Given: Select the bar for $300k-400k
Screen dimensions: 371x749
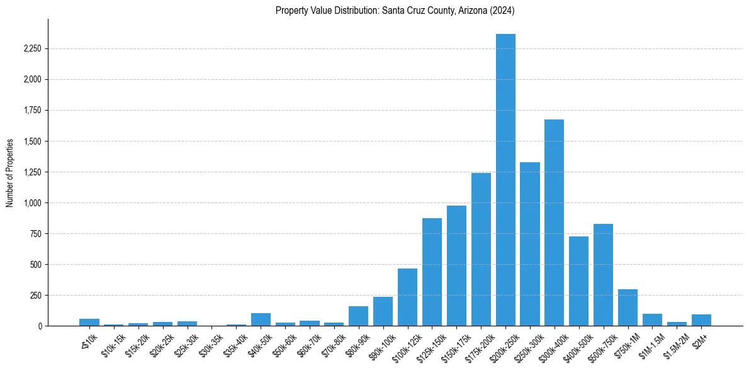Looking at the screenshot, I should click(554, 223).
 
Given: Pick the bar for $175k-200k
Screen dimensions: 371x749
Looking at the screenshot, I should click(481, 249).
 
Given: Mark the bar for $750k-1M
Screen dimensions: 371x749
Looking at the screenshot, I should click(628, 307).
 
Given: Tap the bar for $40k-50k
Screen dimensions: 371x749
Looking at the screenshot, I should click(261, 319).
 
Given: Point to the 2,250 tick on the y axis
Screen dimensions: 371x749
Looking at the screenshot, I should click(31, 49).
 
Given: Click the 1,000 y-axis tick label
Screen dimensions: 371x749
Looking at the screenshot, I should click(31, 203).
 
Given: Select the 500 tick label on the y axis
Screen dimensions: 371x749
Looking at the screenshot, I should click(35, 265).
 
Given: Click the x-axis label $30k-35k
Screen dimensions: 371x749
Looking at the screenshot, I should click(209, 343).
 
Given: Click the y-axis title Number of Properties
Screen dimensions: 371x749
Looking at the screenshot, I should click(10, 173).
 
